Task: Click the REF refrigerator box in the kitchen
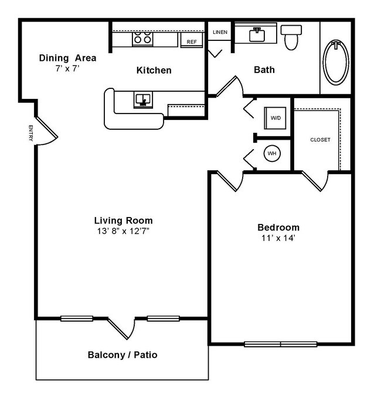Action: coord(191,42)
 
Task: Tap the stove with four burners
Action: coord(142,39)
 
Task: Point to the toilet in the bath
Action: coord(291,37)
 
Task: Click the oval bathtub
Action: coord(336,61)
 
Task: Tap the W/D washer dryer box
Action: coord(275,118)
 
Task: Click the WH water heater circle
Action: coord(272,154)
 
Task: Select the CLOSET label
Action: coord(320,140)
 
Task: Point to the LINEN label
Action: coord(220,32)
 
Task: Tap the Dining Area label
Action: coord(67,58)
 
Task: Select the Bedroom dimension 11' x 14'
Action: coord(278,238)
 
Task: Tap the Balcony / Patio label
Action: coord(122,354)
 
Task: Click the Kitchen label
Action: coord(154,70)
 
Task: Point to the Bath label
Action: coord(264,70)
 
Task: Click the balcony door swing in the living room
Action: coord(123,327)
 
